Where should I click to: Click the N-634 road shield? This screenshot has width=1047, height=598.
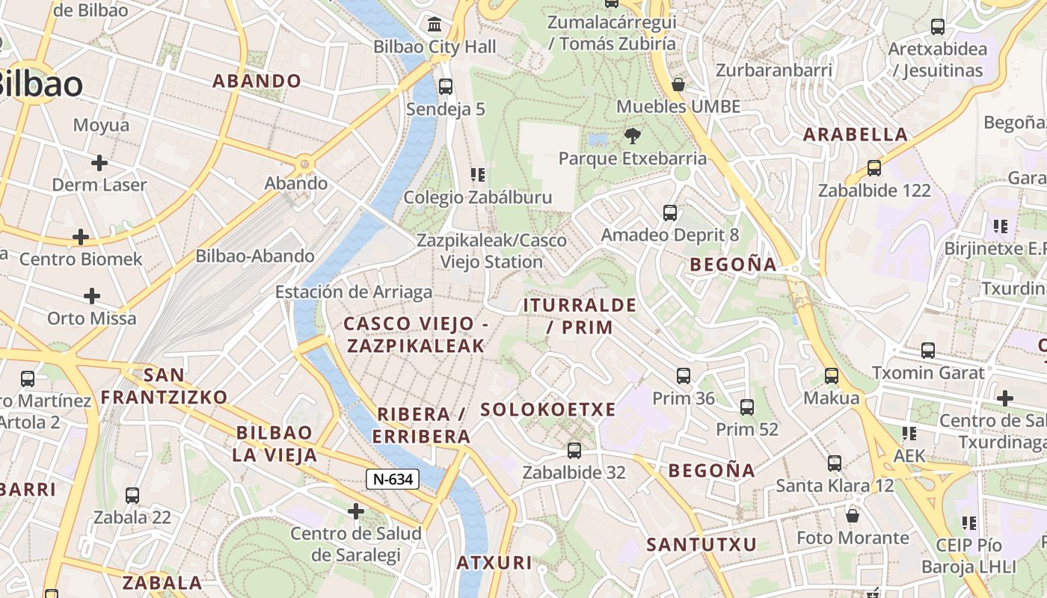[392, 479]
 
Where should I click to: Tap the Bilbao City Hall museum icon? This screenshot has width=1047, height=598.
[435, 25]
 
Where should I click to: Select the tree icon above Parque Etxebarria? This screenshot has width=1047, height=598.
[633, 136]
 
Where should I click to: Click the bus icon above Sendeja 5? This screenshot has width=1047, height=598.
[446, 87]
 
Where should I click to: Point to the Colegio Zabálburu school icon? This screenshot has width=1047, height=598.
[478, 175]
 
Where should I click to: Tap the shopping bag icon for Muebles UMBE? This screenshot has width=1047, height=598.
[678, 84]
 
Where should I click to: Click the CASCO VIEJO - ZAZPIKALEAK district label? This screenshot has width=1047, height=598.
[415, 334]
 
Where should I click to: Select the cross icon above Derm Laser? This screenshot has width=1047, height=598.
[99, 163]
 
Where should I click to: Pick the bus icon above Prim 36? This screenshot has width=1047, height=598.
[684, 376]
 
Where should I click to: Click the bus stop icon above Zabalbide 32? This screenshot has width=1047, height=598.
[574, 451]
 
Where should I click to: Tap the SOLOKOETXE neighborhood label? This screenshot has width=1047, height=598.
[548, 410]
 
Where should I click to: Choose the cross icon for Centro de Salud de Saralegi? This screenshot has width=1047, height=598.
[356, 511]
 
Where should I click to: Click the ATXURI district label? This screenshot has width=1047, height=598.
[494, 563]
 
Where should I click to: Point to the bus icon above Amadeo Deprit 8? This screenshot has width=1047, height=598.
[670, 213]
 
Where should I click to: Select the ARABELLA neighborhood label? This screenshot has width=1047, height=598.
[856, 135]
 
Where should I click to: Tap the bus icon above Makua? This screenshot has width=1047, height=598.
[832, 376]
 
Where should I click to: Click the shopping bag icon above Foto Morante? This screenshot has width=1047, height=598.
[853, 516]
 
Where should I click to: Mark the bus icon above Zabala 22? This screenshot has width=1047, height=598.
[132, 495]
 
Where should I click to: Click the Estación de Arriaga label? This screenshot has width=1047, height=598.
[354, 292]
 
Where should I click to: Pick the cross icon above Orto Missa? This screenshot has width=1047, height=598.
[92, 296]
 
